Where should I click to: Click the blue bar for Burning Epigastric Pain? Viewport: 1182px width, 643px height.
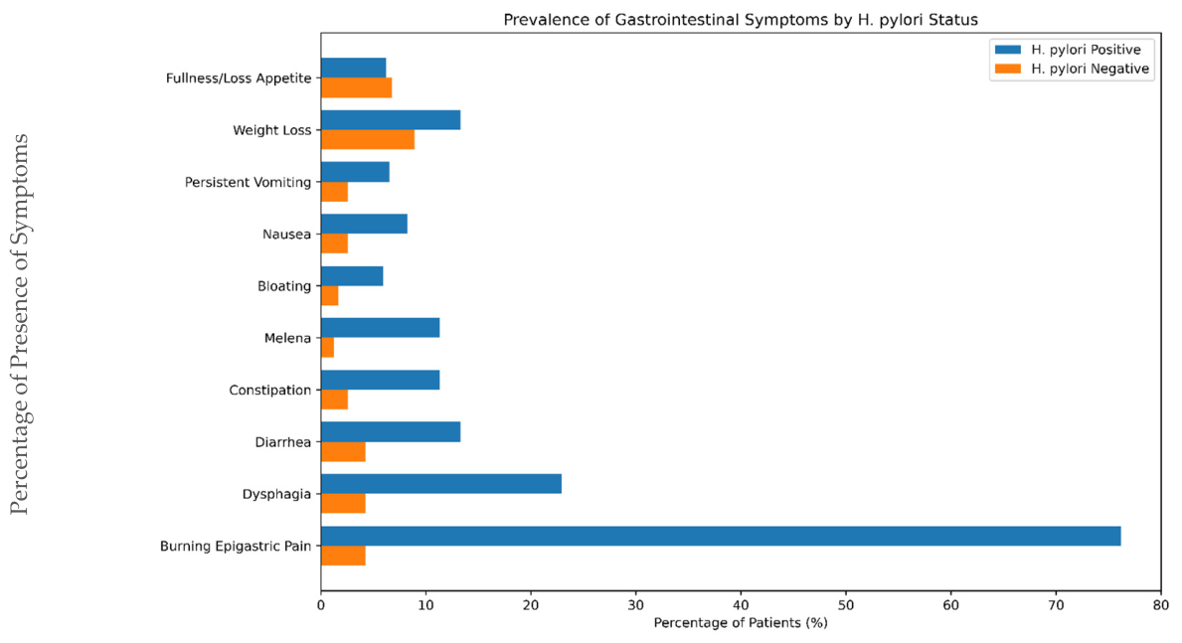[x=721, y=536]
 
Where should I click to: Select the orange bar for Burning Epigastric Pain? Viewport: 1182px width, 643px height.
[x=343, y=556]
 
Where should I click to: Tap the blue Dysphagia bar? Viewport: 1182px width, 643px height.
[x=441, y=484]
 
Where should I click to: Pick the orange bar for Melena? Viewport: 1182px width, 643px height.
[x=327, y=348]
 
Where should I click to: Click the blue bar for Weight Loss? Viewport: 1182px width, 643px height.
[x=391, y=120]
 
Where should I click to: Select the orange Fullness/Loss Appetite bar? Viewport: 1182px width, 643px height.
[x=357, y=88]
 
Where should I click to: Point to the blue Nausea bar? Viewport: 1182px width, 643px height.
[x=364, y=224]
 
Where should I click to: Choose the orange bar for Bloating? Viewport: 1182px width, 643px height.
[x=329, y=295]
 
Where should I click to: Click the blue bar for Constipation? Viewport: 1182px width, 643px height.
[x=380, y=380]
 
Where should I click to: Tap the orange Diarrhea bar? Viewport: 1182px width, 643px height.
[x=343, y=451]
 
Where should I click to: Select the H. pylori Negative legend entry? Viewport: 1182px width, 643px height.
[x=1072, y=70]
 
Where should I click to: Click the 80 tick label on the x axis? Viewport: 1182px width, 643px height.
[x=1161, y=605]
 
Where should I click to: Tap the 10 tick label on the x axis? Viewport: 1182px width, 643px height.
[x=425, y=605]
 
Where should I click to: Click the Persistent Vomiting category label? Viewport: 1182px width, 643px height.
[x=248, y=183]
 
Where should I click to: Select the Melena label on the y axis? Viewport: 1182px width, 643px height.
[x=288, y=339]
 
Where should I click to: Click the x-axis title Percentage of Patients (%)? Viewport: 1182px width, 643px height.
[x=741, y=623]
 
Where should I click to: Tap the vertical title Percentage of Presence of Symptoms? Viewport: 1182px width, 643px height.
[x=20, y=325]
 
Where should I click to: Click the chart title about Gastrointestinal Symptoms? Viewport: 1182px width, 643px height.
[x=741, y=20]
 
